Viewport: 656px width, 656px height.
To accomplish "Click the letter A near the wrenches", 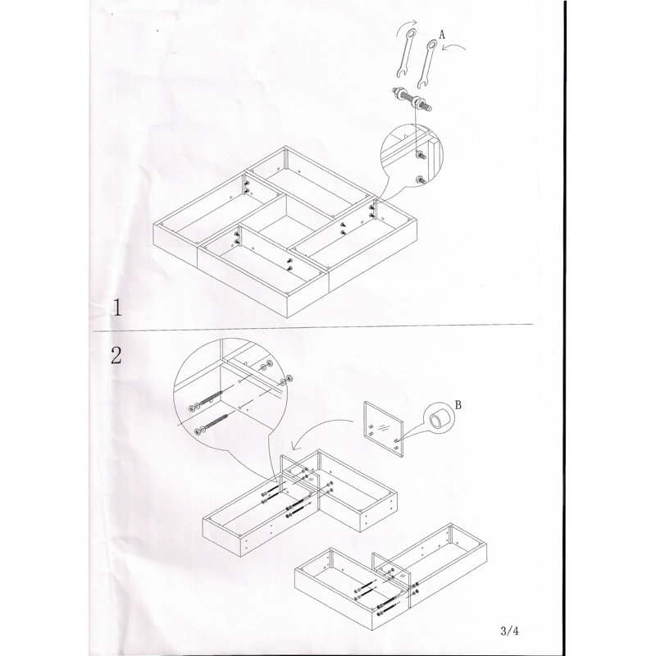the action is [x=442, y=34].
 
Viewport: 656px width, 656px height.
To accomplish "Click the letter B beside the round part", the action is [x=458, y=404].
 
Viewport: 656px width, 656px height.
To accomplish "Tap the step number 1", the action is [x=117, y=307].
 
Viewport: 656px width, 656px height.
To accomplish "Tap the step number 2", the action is [x=116, y=356].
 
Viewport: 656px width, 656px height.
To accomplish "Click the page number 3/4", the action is [x=509, y=631].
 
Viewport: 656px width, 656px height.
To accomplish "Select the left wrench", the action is [x=405, y=53].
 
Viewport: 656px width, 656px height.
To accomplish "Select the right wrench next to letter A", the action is [x=426, y=64].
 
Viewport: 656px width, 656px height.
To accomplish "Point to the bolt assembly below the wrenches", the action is [x=412, y=98].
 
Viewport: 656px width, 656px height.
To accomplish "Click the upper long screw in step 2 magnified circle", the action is [x=207, y=400].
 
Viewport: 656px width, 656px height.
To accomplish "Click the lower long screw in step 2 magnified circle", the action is [x=212, y=423].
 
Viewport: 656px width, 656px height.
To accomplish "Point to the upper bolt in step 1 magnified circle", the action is [x=420, y=156].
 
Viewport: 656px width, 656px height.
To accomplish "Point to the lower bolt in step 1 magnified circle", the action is [x=421, y=180].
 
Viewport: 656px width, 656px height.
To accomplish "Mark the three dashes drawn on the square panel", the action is [x=384, y=426].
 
